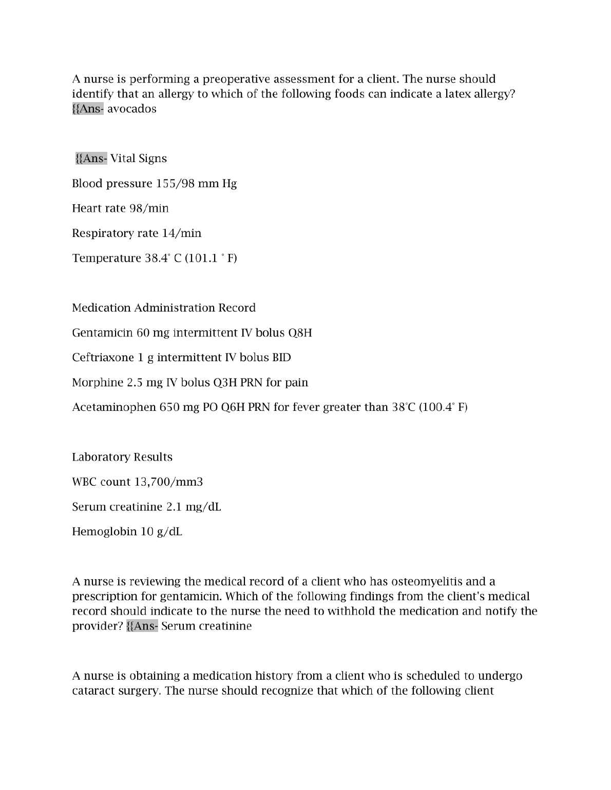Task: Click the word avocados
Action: coord(132,109)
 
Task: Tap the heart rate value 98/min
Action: coord(149,208)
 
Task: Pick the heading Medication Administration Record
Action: coord(164,308)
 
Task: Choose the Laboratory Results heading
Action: coord(122,457)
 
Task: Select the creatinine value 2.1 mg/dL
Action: coord(194,507)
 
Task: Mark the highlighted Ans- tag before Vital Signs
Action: coord(91,159)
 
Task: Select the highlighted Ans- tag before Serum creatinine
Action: coord(142,626)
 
